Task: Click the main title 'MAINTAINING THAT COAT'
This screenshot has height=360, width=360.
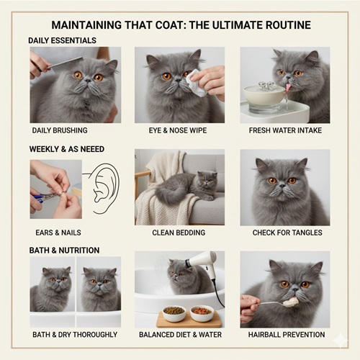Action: click(181, 25)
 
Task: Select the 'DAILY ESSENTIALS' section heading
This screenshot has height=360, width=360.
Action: click(63, 40)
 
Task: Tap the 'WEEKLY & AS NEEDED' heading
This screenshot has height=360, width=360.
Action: click(66, 148)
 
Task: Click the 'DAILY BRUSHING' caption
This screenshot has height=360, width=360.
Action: click(60, 131)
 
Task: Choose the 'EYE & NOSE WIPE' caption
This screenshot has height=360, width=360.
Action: click(179, 131)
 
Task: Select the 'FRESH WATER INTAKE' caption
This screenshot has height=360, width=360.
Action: click(284, 131)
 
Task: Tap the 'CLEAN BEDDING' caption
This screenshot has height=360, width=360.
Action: click(179, 233)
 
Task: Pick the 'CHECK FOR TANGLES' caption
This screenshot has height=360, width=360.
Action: click(284, 233)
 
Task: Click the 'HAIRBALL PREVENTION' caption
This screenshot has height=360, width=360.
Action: click(284, 336)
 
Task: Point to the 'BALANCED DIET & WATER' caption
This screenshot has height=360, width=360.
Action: click(179, 336)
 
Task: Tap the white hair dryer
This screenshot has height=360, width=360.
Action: click(204, 262)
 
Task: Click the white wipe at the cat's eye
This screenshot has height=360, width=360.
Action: click(192, 84)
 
